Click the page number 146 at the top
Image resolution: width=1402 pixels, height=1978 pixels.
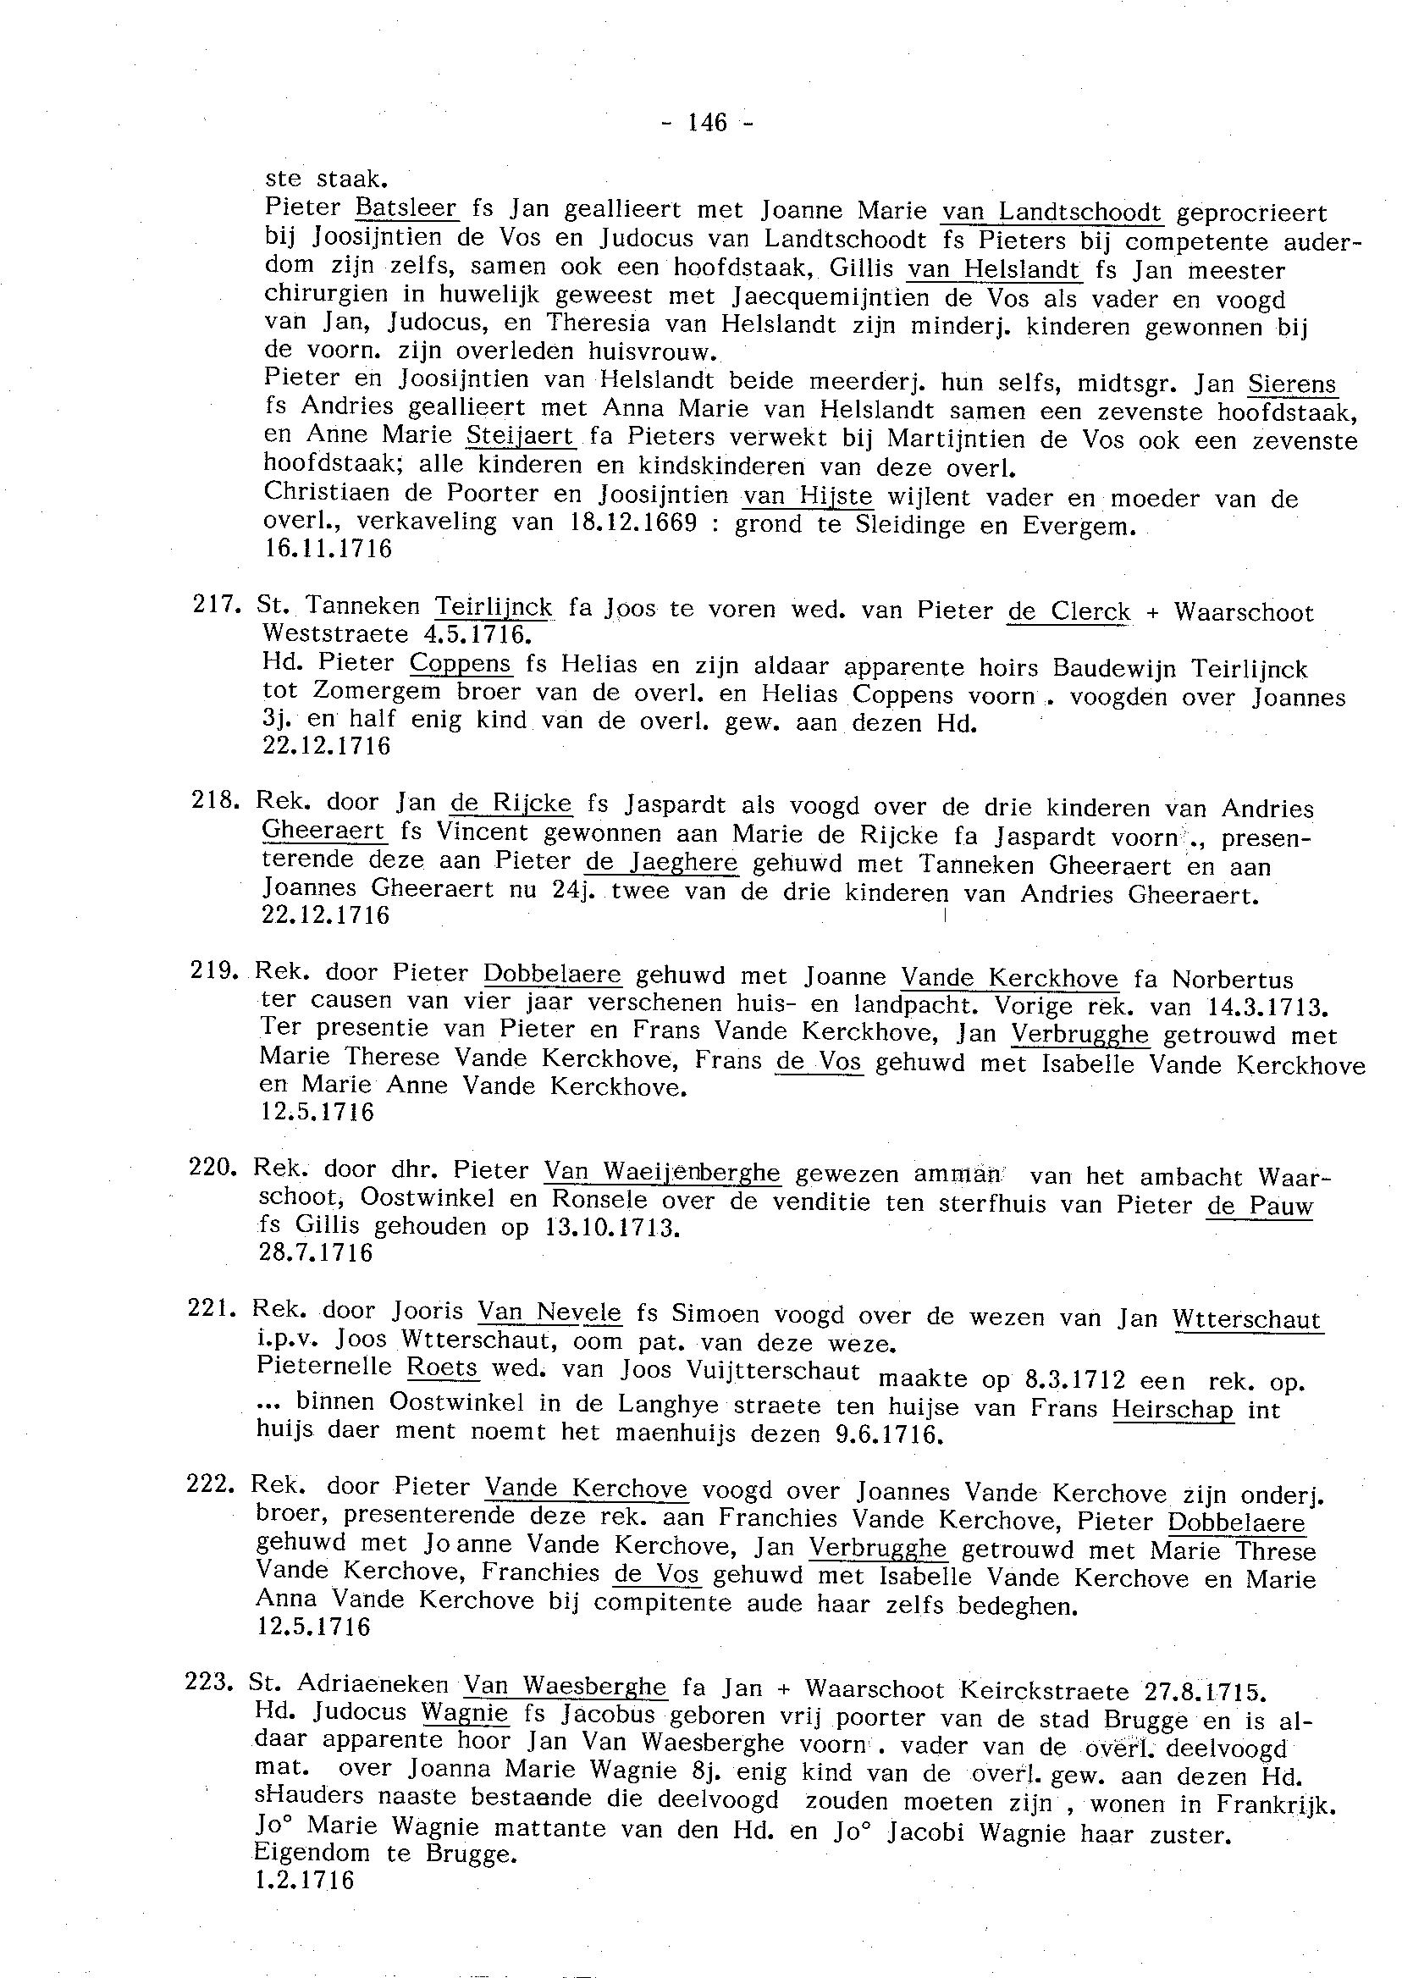point(707,123)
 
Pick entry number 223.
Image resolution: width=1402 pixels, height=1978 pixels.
point(205,1682)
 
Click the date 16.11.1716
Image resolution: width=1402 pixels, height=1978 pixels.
point(327,548)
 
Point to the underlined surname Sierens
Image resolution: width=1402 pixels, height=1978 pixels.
point(1292,384)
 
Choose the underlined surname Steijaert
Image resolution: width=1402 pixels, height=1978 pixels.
point(520,436)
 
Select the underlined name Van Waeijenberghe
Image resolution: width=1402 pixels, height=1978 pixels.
point(662,1172)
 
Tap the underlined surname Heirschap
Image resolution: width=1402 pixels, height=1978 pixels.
point(1173,1409)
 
